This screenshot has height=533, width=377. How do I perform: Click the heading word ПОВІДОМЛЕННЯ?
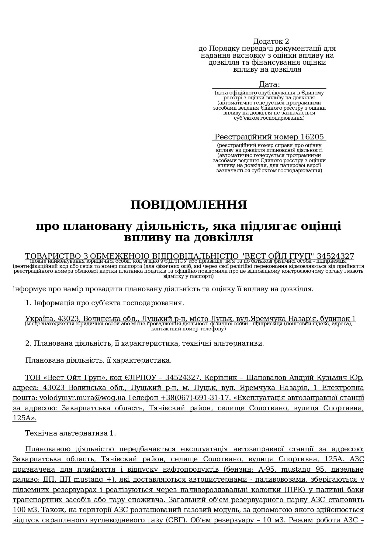click(188, 205)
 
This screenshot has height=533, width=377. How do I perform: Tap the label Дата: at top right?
click(269, 84)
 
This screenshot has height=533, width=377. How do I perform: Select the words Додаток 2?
click(271, 41)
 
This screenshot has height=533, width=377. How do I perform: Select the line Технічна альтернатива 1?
click(71, 433)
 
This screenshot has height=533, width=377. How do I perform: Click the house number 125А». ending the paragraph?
click(24, 418)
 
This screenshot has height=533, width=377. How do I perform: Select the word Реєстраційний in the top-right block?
click(245, 137)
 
